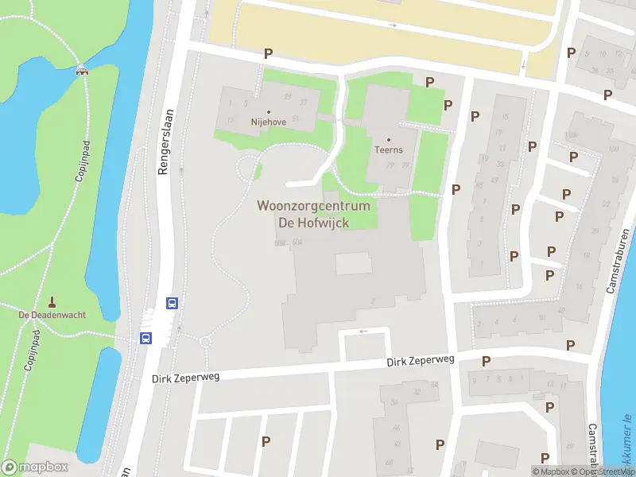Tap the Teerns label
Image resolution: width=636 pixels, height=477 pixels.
[x=389, y=149]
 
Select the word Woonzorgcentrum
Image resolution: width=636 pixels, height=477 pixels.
[x=313, y=206]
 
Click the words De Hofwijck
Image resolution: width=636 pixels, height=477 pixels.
[x=313, y=223]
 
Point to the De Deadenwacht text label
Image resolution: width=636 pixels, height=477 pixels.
[x=52, y=315]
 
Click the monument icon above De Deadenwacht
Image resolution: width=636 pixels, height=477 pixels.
[x=52, y=301]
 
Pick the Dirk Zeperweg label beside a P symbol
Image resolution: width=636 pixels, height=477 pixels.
[x=420, y=362]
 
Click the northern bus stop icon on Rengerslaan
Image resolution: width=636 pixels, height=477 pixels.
[x=171, y=302]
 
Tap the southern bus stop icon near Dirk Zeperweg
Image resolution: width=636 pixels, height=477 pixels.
[x=146, y=338]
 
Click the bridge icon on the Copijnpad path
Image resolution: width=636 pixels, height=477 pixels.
[x=81, y=71]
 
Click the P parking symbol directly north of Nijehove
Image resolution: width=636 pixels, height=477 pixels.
[x=269, y=54]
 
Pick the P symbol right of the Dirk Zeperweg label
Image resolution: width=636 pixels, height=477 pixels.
[x=486, y=361]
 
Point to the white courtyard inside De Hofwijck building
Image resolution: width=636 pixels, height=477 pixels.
[x=353, y=263]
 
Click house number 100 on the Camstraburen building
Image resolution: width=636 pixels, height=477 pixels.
[x=613, y=149]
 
